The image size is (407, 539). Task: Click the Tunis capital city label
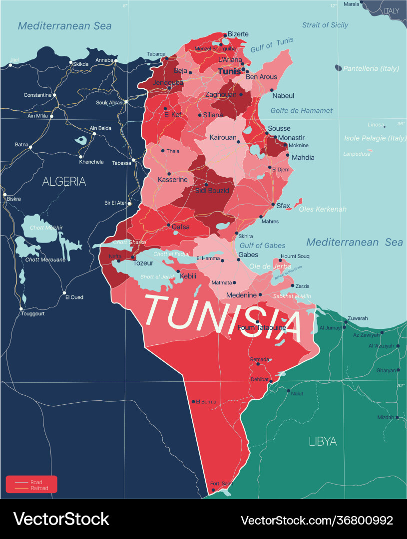pos(229,72)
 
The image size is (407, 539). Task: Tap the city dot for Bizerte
pos(225,34)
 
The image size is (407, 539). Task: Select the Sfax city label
pos(283,206)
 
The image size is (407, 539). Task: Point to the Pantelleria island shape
pos(339,68)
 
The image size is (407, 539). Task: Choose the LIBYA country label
pos(322,441)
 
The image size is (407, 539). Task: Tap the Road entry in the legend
pos(36,482)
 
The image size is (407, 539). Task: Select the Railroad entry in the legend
pos(39,488)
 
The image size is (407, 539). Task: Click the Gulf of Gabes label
pos(262,245)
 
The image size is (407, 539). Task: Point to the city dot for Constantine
pos(54,95)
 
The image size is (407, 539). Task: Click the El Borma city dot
pos(193,401)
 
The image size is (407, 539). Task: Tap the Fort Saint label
pos(221,484)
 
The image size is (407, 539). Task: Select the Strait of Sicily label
pos(325,25)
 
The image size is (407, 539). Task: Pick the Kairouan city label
pos(223,137)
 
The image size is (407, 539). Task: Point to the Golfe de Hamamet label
pos(301,111)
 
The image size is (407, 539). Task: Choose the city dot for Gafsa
pos(168,225)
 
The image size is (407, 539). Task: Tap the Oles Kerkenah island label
pos(322,209)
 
